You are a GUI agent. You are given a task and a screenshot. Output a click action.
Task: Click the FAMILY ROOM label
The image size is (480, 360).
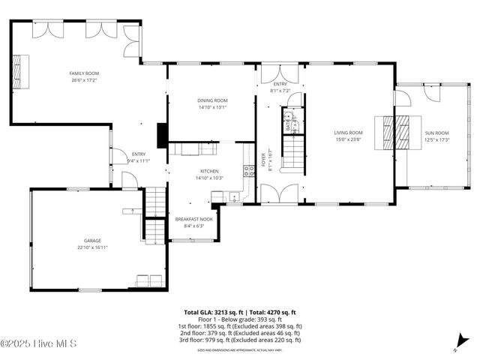(85, 73)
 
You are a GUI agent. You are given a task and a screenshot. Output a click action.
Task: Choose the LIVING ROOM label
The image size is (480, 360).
(348, 133)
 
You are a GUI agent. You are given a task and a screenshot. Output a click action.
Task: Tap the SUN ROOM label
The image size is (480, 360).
(436, 133)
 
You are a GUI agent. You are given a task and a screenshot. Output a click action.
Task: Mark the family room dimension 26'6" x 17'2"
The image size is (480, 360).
(85, 79)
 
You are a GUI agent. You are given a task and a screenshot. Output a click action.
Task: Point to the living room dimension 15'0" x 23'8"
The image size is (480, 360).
(348, 139)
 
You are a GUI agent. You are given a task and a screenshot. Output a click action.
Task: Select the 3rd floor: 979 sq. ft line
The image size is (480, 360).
(239, 340)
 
